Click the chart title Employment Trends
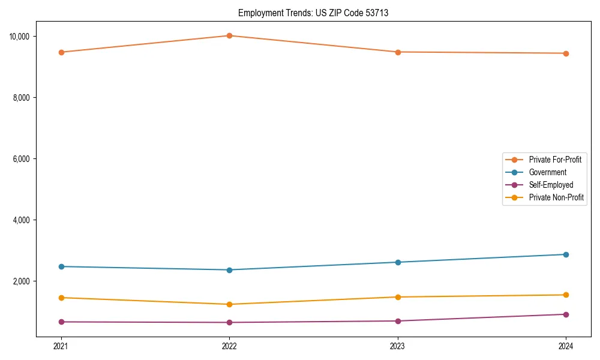pos(313,13)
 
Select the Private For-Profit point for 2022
pos(229,35)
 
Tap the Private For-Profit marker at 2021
pos(61,52)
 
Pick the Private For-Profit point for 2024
pos(566,53)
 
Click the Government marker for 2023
pos(398,262)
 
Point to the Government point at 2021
pos(61,266)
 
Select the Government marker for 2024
pos(566,254)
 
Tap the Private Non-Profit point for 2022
pos(229,304)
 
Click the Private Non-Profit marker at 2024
pos(566,295)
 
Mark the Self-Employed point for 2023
pos(398,321)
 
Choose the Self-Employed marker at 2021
pos(61,322)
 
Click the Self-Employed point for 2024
pos(566,314)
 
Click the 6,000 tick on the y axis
pos(22,159)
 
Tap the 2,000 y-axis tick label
pos(22,281)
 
